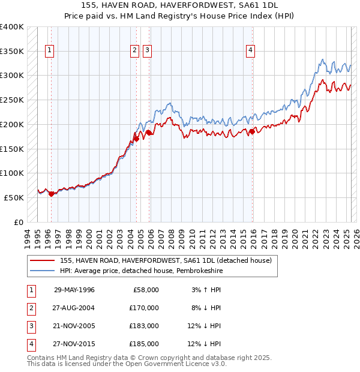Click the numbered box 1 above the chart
click(x=49, y=50)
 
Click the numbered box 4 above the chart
click(x=250, y=50)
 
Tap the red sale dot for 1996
click(x=51, y=193)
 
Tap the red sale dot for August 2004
click(x=136, y=139)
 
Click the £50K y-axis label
click(x=14, y=197)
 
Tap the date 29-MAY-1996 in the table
click(x=74, y=290)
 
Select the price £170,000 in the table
click(x=145, y=308)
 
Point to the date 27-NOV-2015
click(x=74, y=344)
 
